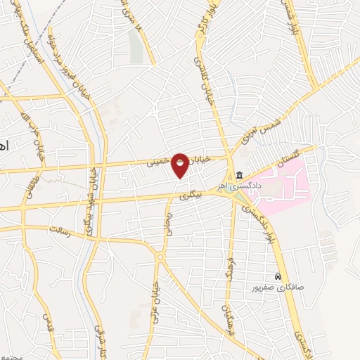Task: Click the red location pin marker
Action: click(181, 165)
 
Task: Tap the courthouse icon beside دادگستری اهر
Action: click(239, 175)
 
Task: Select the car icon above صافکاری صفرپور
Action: click(278, 276)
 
